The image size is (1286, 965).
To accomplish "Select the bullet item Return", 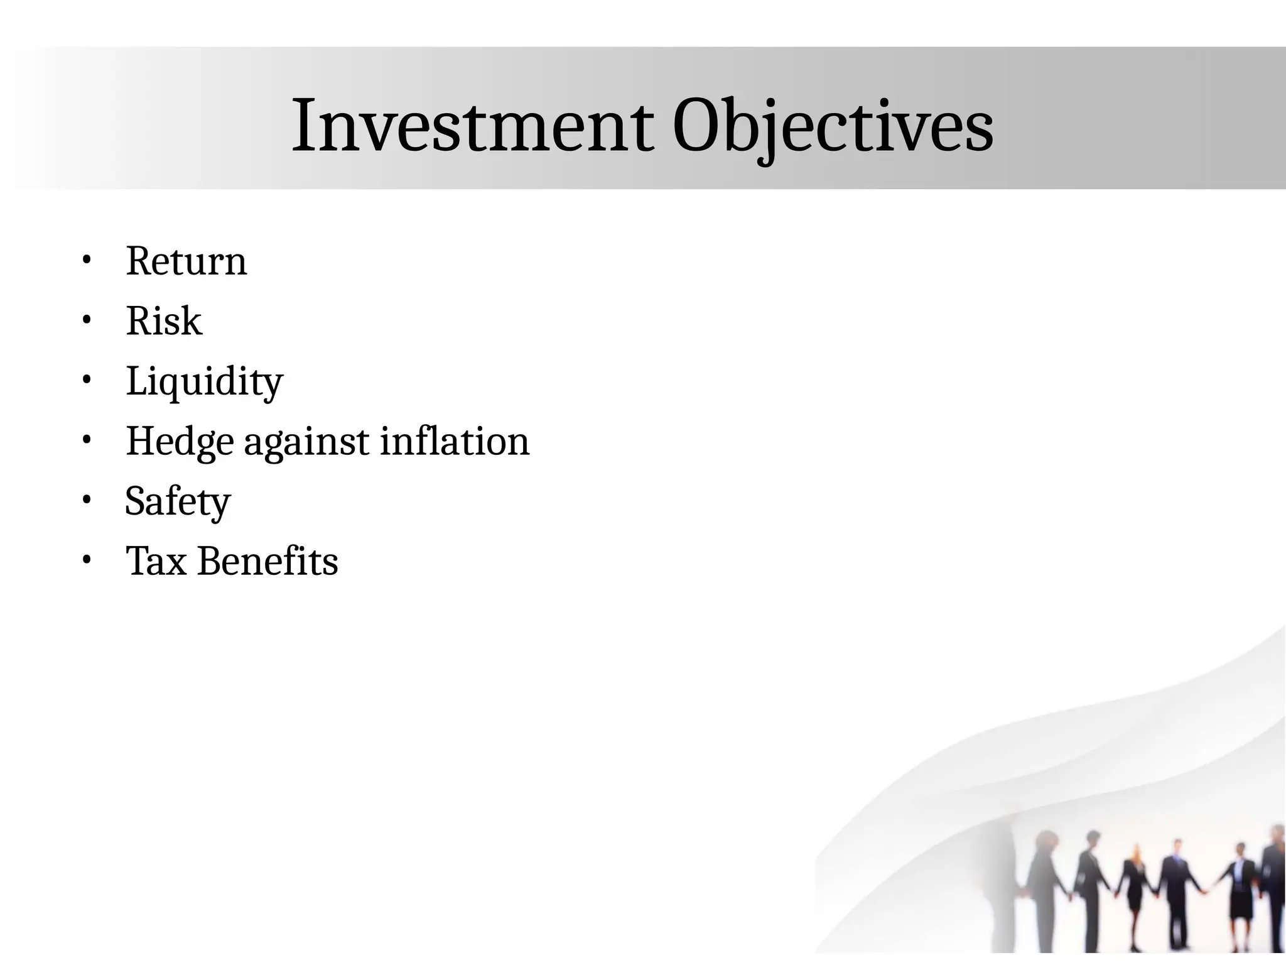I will pyautogui.click(x=186, y=261).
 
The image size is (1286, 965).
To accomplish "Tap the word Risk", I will pyautogui.click(x=164, y=321).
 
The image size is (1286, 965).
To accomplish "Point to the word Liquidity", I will pyautogui.click(x=204, y=381).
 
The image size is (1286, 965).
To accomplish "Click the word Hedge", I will pyautogui.click(x=180, y=442).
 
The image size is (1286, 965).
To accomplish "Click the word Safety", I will pyautogui.click(x=178, y=501).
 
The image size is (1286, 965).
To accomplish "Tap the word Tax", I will pyautogui.click(x=156, y=561).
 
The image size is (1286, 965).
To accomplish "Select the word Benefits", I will pyautogui.click(x=268, y=561).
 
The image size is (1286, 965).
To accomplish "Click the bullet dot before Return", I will pyautogui.click(x=87, y=259).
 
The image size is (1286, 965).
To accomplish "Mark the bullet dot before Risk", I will pyautogui.click(x=87, y=320).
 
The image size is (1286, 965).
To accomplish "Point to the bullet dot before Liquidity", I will pyautogui.click(x=87, y=379).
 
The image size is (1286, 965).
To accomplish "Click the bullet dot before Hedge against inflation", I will pyautogui.click(x=87, y=440).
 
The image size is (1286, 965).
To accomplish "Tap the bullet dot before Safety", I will pyautogui.click(x=87, y=499).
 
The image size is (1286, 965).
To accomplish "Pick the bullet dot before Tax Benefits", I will pyautogui.click(x=87, y=559).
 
